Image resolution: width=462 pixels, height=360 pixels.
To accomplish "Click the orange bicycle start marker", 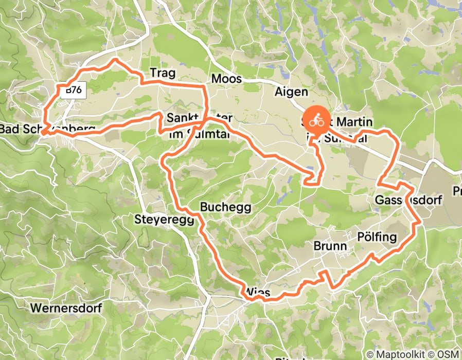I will coord(316,122).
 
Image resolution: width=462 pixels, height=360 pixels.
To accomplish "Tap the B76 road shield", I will coord(74,91).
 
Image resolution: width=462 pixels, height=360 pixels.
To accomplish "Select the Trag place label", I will coord(162,74).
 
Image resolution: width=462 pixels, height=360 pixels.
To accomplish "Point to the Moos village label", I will coord(226,79).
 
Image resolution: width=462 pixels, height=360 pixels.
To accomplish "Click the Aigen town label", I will coord(291,92).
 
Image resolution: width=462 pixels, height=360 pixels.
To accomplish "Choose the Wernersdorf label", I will coord(66,308).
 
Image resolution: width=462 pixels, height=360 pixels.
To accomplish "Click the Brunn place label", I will coord(330,246).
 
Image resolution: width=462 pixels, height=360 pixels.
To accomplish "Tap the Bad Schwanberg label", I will coord(47,129).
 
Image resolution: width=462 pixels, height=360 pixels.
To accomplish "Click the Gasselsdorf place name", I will coord(408,200).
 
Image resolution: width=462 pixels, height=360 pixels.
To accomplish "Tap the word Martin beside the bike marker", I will coord(352,122).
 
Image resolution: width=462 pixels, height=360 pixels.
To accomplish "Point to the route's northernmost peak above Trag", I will coord(115,60).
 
